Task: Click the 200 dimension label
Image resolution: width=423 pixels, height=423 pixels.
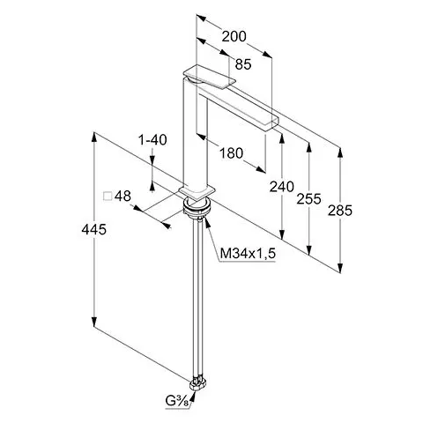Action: click(x=234, y=37)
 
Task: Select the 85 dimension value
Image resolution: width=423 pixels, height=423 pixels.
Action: click(x=243, y=64)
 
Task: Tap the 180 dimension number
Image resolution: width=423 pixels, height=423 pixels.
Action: click(x=232, y=153)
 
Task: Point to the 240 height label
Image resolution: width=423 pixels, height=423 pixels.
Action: click(x=282, y=187)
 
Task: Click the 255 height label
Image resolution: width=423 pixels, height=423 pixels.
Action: click(x=308, y=199)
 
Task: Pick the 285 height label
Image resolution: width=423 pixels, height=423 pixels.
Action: click(x=340, y=211)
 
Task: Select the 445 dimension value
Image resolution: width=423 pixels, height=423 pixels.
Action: click(x=94, y=229)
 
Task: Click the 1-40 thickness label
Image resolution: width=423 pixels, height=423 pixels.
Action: click(x=152, y=140)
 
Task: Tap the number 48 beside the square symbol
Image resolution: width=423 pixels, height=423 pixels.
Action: click(x=122, y=196)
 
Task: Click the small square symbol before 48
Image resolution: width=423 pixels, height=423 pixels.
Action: click(x=108, y=197)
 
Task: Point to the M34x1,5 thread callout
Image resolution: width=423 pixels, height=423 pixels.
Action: click(x=248, y=253)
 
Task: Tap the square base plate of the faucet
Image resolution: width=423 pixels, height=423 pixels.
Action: click(x=197, y=193)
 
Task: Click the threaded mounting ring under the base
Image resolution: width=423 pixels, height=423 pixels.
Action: click(x=197, y=208)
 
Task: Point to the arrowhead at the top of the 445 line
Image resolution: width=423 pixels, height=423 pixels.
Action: click(x=94, y=137)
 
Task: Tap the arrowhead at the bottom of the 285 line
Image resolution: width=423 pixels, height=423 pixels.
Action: click(x=340, y=267)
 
